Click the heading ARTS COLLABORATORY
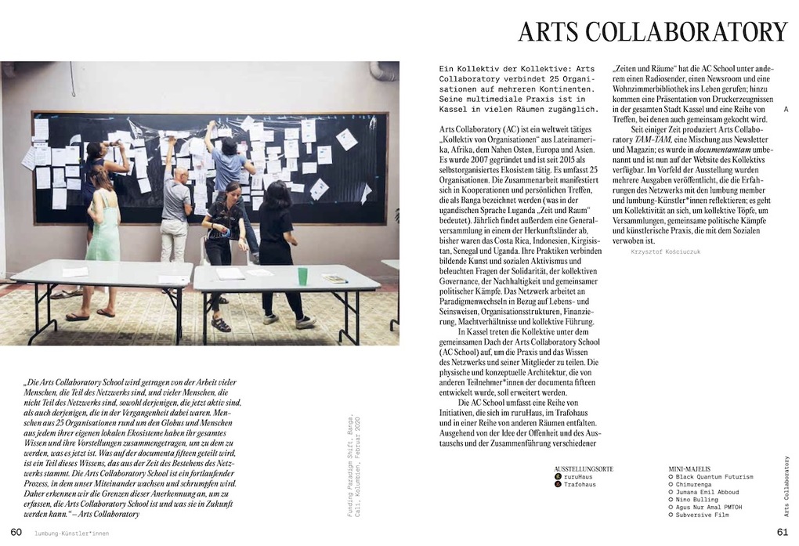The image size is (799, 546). pos(653,32)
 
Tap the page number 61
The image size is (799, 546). pos(781,533)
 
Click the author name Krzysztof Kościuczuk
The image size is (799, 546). pos(664,252)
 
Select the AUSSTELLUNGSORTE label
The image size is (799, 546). pos(584,468)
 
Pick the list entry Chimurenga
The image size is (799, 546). pos(696,485)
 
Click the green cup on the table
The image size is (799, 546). pos(302,276)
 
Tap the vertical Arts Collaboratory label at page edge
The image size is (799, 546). pos(786,486)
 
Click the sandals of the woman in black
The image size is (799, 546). pos(221,324)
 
